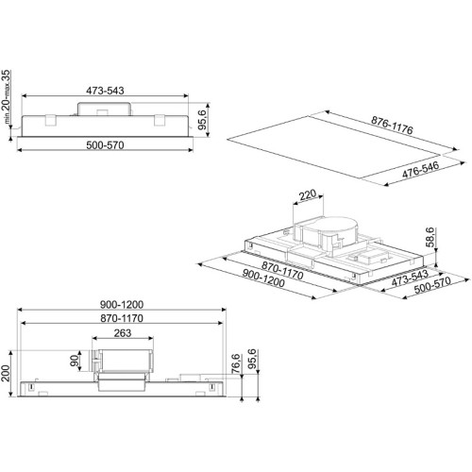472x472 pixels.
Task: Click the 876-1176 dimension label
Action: click(x=392, y=126)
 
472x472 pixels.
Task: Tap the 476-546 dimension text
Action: click(x=420, y=170)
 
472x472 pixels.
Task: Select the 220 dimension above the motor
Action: click(x=308, y=194)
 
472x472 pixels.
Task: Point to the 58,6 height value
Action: click(x=430, y=237)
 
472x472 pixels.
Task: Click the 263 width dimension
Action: click(x=123, y=333)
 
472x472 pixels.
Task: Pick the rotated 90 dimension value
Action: click(x=75, y=361)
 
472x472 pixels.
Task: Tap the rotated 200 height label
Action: click(x=6, y=373)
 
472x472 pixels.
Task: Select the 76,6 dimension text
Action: click(x=236, y=363)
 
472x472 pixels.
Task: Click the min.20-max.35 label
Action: click(x=7, y=96)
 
